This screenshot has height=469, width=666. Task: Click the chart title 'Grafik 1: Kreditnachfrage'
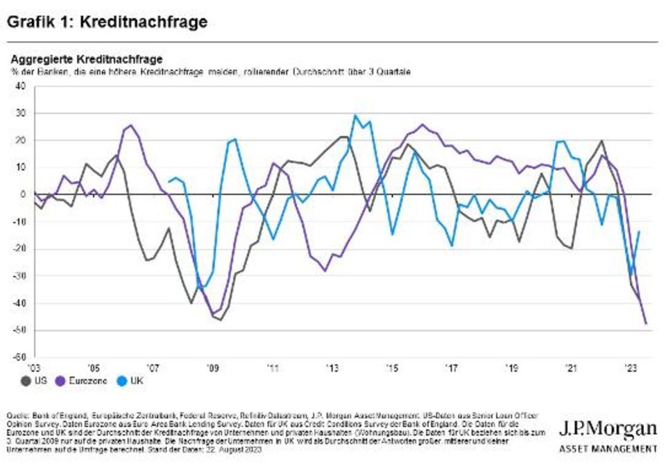[108, 22]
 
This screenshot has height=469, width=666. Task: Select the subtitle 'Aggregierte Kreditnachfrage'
[86, 60]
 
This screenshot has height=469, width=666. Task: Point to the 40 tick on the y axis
[20, 87]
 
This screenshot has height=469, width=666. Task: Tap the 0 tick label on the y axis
[22, 195]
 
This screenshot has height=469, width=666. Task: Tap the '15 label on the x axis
[393, 368]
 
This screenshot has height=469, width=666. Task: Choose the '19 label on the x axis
[511, 368]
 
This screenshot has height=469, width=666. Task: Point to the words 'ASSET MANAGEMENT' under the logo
[608, 449]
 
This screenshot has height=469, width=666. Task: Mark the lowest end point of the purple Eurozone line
[647, 323]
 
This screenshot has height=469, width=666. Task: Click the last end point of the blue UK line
[638, 232]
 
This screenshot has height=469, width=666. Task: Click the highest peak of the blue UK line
[355, 116]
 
